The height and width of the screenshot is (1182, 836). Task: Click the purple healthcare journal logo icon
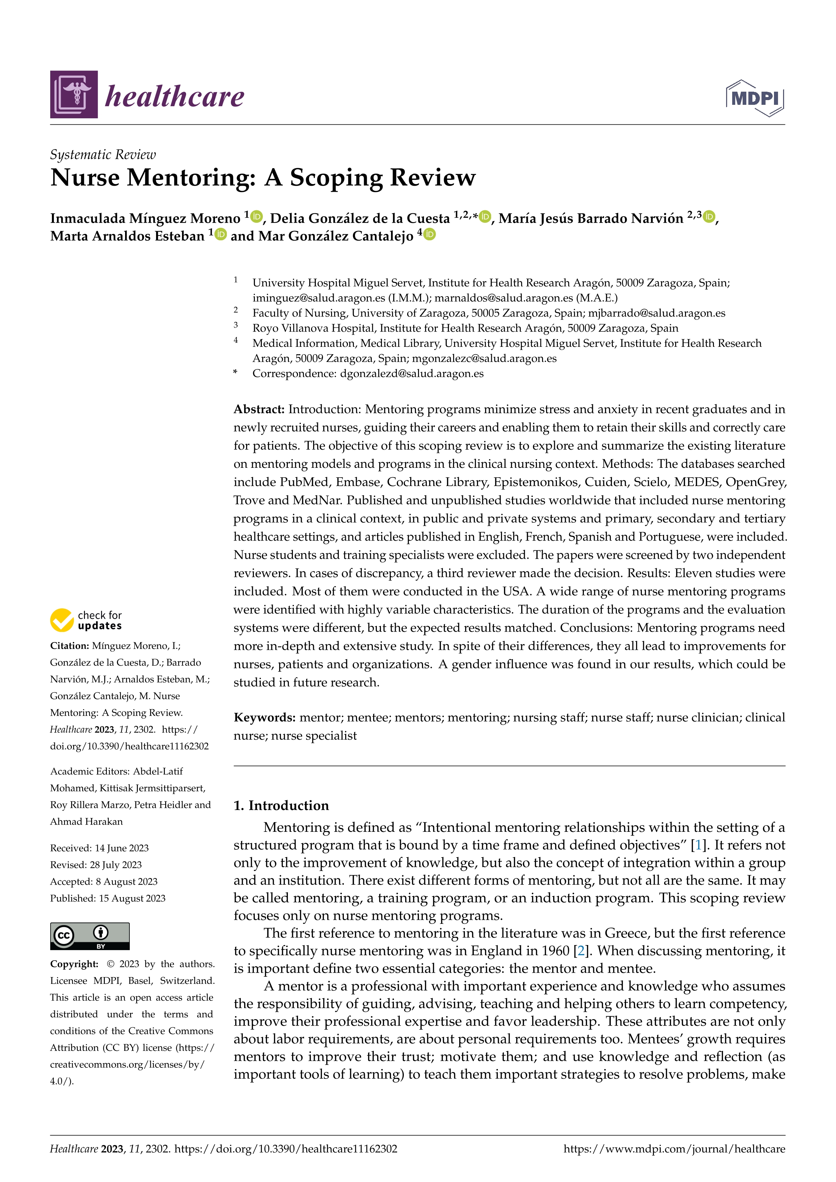click(73, 94)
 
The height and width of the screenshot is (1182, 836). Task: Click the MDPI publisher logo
click(755, 98)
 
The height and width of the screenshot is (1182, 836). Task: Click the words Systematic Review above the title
click(102, 154)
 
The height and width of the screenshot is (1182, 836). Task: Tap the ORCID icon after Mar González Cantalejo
click(429, 235)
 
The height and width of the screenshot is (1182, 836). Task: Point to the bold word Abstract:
click(259, 409)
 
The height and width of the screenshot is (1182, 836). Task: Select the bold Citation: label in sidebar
click(69, 645)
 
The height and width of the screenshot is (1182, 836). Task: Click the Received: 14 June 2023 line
click(99, 848)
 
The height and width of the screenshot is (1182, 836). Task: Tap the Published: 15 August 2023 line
click(108, 898)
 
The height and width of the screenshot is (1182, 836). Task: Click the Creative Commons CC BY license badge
click(90, 936)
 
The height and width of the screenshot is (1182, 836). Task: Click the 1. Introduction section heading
click(281, 806)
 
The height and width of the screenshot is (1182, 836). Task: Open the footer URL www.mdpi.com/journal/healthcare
click(674, 1149)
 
